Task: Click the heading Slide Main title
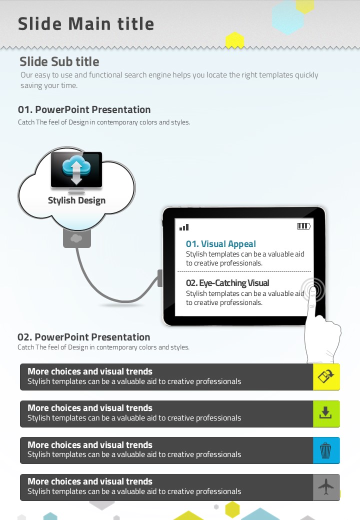[86, 24]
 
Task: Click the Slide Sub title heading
[59, 62]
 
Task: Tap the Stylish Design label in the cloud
[76, 200]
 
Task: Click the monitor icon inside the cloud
[76, 171]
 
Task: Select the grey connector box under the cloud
[77, 238]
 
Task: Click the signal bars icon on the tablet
[184, 227]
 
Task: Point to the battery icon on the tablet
[303, 226]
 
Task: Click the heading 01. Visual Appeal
[221, 244]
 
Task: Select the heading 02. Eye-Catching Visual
[227, 283]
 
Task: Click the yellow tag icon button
[326, 376]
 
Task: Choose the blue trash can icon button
[326, 450]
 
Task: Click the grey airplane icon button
[326, 487]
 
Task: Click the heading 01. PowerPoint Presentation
[84, 110]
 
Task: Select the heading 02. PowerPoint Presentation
[84, 337]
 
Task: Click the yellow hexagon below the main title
[234, 40]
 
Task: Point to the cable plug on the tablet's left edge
[160, 278]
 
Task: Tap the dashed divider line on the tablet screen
[244, 271]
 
